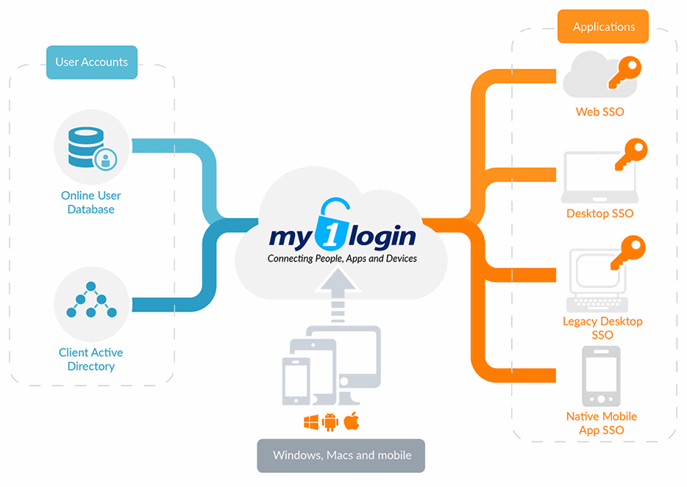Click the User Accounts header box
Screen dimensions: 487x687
[x=91, y=62]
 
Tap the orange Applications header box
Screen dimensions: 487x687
[x=603, y=26]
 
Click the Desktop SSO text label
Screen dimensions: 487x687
[x=599, y=214]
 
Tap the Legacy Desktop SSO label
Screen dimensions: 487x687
[x=602, y=328]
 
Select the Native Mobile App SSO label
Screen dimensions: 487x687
[x=601, y=423]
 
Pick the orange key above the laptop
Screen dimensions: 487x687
[x=630, y=155]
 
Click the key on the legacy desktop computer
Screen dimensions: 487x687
[x=626, y=253]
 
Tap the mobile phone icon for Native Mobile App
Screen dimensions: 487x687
[x=601, y=376]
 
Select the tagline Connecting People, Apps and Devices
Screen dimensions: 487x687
[x=342, y=259]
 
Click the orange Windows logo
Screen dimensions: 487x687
[x=311, y=422]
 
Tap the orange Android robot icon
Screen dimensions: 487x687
[x=330, y=422]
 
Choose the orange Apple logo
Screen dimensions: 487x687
[x=351, y=422]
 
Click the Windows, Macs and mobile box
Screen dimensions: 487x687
[x=341, y=455]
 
